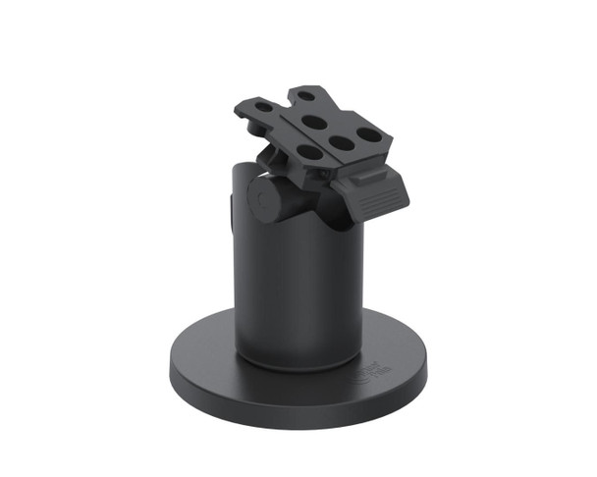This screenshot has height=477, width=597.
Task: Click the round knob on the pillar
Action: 265,198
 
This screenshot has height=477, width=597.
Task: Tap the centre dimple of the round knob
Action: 261,200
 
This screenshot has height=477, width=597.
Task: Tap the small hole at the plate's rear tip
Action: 308,97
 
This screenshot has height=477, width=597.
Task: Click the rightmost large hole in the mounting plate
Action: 368,133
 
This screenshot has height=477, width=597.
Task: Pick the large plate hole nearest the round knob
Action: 307,152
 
